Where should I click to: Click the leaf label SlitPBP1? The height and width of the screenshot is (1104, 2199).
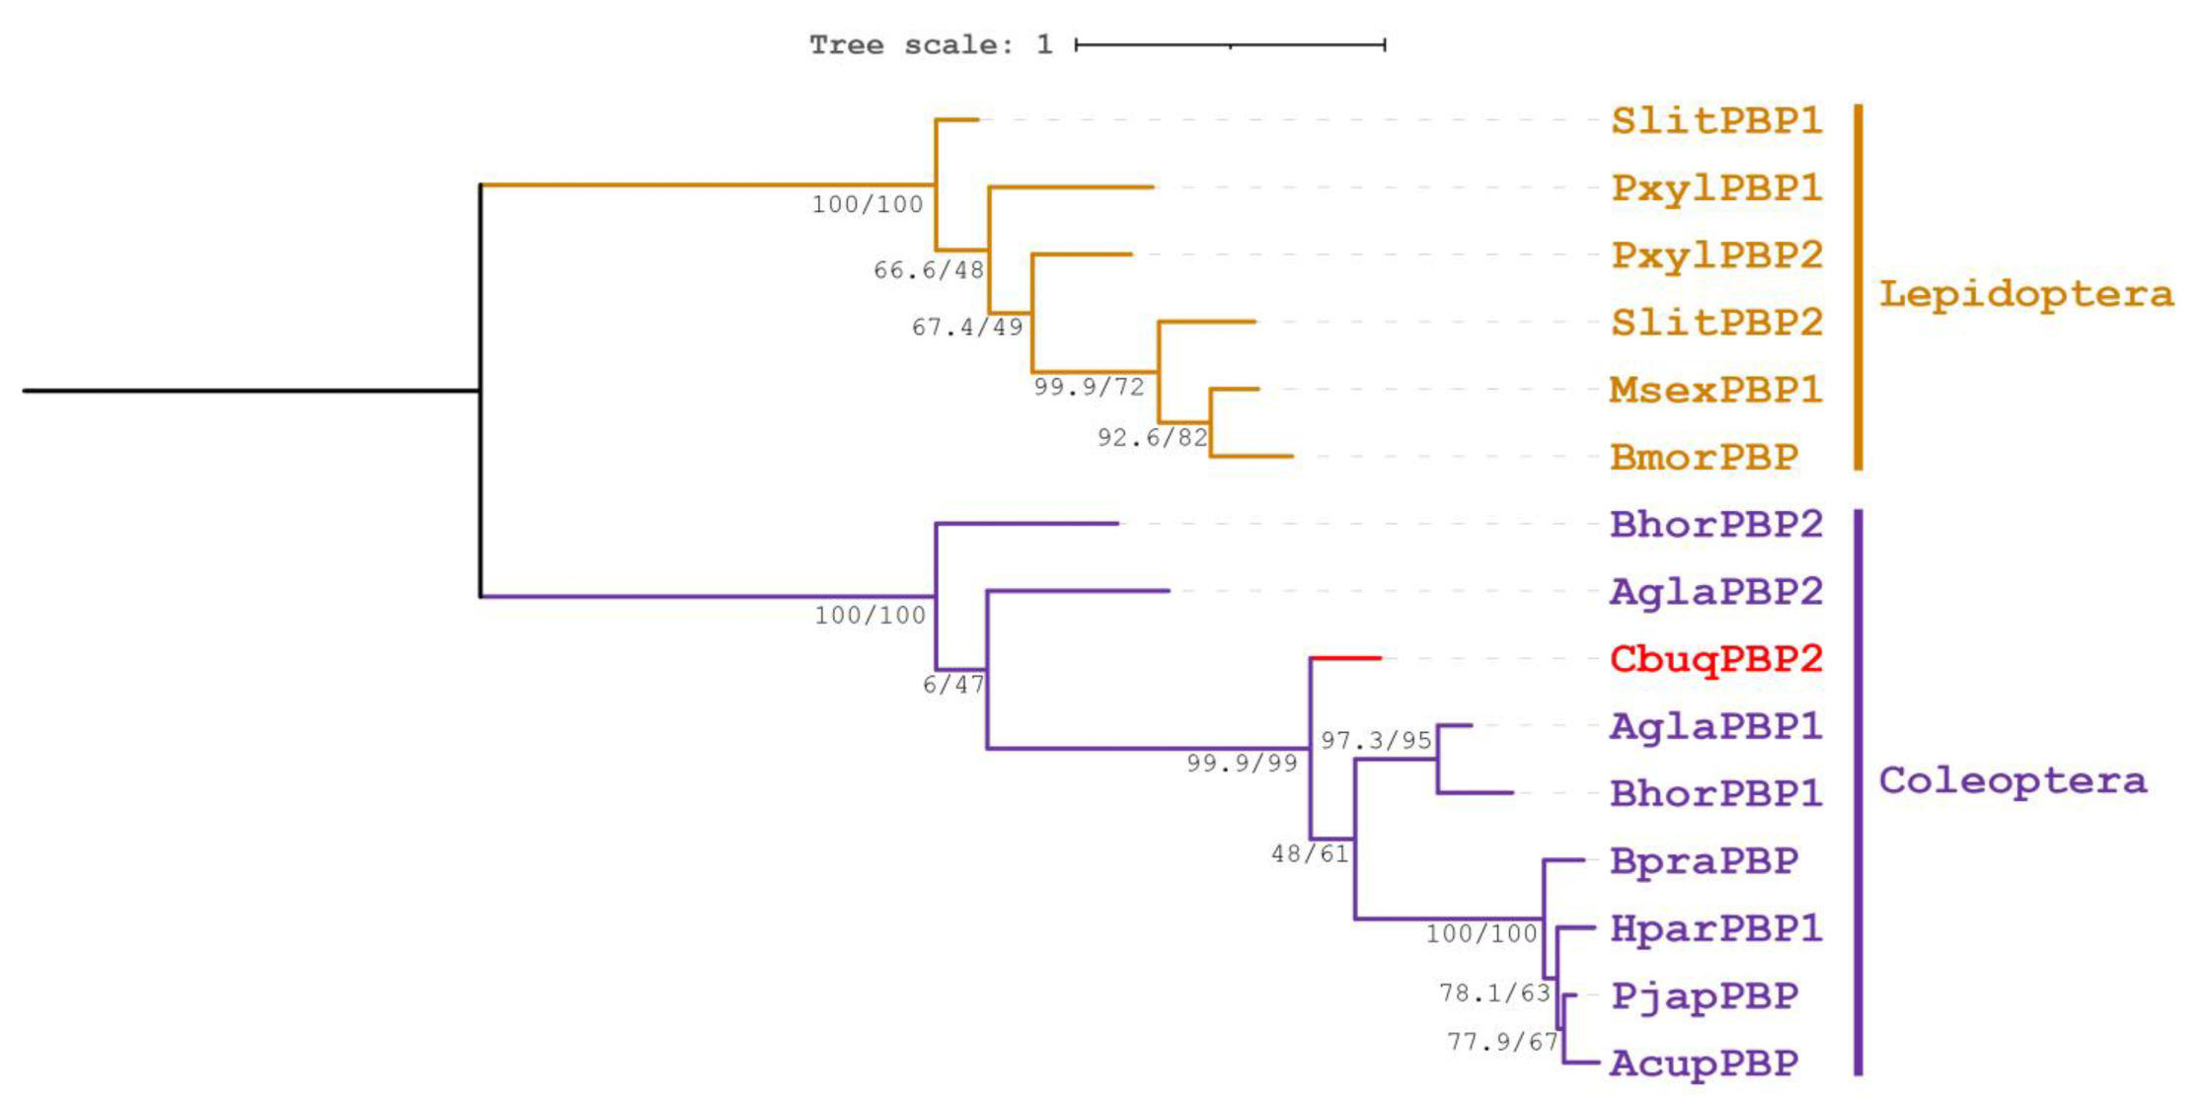[1715, 120]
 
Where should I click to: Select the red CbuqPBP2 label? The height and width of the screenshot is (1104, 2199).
[1715, 658]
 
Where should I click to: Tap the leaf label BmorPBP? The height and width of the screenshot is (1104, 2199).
[1704, 457]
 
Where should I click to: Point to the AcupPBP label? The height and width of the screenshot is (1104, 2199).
[1704, 1063]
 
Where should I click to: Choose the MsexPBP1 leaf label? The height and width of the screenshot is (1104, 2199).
[1715, 390]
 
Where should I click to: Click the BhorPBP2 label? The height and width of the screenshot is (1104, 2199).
[1715, 524]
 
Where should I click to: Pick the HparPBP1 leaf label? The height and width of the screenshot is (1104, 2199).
[1715, 928]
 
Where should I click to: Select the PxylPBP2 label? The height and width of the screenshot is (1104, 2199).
[1715, 256]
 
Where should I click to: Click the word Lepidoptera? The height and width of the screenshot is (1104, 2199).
[2025, 294]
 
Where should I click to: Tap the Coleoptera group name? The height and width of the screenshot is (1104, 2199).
[2011, 780]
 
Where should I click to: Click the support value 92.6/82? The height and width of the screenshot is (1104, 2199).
[1152, 437]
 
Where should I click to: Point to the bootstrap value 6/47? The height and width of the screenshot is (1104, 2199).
[952, 685]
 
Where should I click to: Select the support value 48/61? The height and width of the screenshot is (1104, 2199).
[1309, 853]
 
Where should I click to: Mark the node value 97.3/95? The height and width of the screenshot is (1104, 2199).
[1376, 740]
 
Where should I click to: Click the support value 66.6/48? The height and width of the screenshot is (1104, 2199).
[928, 270]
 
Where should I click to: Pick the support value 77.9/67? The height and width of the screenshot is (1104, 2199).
[1501, 1041]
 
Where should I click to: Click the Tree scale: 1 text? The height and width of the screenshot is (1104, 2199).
[931, 45]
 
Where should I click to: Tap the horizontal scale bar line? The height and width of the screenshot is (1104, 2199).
[1230, 44]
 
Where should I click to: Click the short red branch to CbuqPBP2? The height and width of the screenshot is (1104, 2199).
[1345, 657]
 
